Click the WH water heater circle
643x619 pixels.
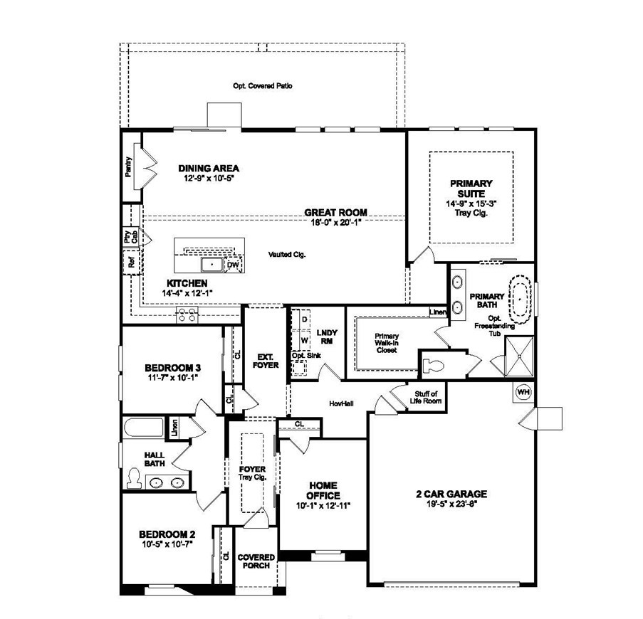523,392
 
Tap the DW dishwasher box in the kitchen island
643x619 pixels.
233,265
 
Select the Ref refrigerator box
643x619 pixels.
132,262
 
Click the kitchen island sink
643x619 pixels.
212,265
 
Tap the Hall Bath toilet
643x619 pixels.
134,478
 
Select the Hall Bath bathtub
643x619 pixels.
144,427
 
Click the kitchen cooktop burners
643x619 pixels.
187,314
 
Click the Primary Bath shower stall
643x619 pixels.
519,356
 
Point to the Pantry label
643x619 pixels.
129,166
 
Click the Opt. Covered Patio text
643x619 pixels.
263,86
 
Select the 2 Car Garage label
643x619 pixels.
451,494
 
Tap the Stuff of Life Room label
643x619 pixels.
426,398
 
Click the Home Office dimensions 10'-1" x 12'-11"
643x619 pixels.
323,506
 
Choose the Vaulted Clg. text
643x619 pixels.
287,255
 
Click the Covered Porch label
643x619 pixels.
256,561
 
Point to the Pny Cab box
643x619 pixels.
131,237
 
